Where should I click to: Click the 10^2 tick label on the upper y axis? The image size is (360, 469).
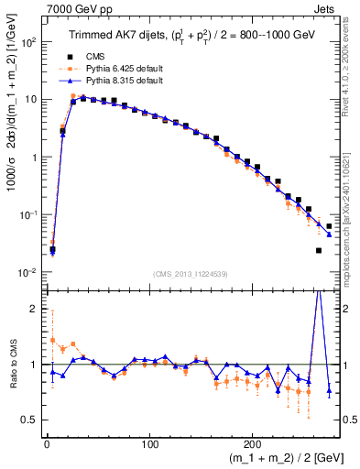[x=28, y=42]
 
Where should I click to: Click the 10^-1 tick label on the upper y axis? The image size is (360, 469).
[x=28, y=215]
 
